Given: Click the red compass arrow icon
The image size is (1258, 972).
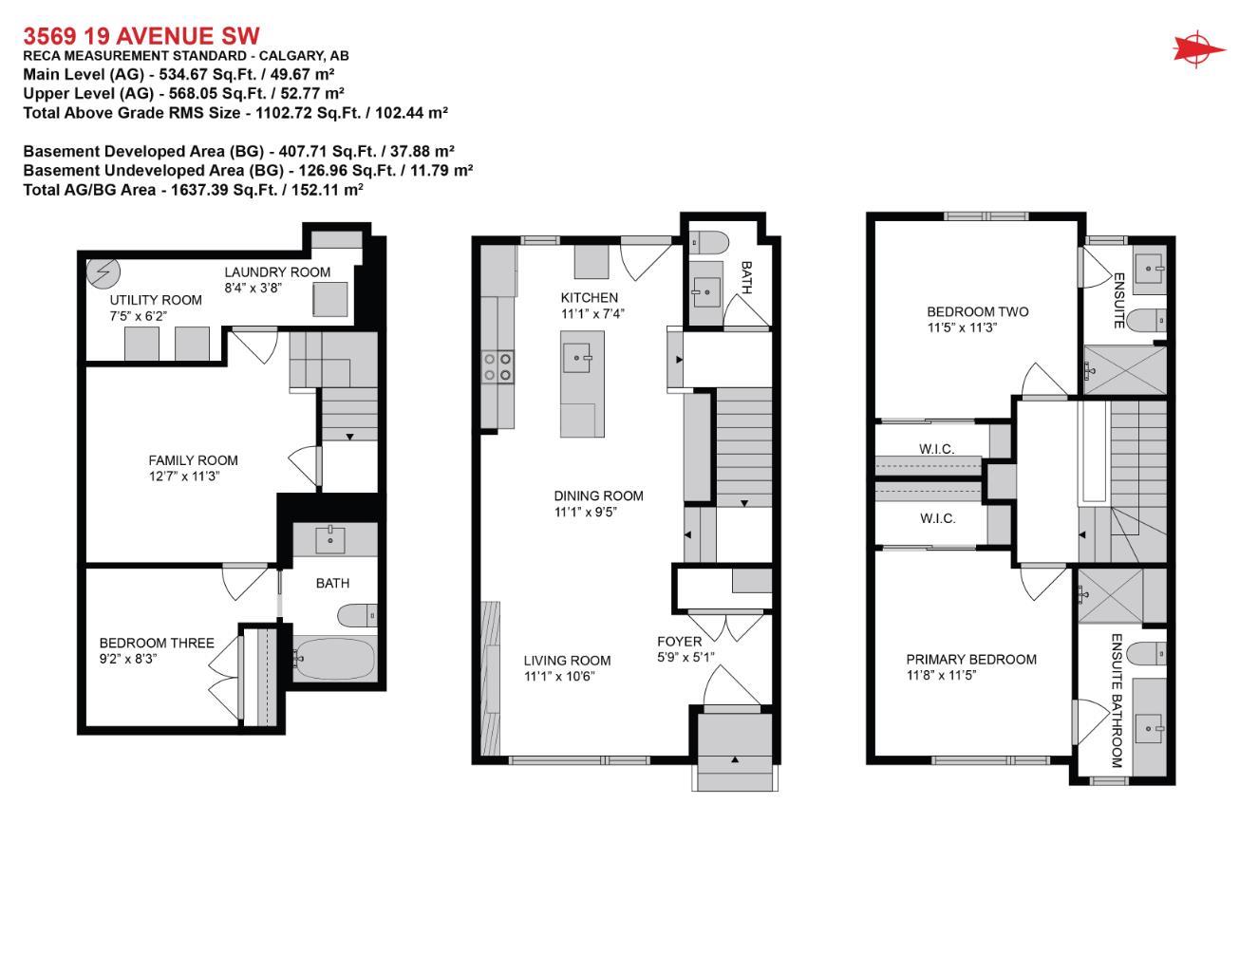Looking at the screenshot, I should coord(1198,49).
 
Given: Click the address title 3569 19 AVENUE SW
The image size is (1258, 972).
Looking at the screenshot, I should coord(141,36).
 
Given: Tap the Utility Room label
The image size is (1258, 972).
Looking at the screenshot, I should coord(156,300).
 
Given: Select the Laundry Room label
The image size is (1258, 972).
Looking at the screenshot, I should coord(277,271).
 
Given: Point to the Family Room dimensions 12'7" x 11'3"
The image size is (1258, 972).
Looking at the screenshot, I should coord(184,477).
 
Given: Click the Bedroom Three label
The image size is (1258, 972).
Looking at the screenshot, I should coord(157,643).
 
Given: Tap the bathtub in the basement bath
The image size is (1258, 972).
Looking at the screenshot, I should coord(334,655).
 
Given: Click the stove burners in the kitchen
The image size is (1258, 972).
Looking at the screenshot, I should coord(498,366).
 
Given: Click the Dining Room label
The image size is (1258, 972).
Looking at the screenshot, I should coord(598,495).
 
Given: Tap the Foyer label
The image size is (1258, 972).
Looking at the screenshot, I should coord(679,642).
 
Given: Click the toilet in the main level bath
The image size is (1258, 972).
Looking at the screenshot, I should coord(707,240).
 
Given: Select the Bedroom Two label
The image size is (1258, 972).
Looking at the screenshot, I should coord(977,311).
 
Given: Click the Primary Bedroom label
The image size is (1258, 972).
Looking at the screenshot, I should coord(970,659).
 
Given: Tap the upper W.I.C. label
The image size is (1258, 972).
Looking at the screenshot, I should coord(936,449).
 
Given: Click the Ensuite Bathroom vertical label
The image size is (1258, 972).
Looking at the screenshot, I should coord(1117,701).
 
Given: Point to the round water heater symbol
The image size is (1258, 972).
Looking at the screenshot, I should coord(101,272).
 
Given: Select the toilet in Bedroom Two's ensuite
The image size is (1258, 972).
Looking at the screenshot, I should coord(1152,319).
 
